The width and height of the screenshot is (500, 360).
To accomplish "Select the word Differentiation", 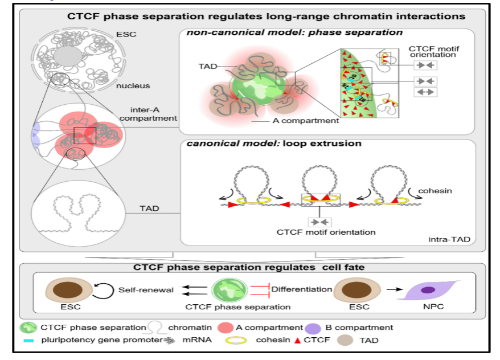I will [x=301, y=289].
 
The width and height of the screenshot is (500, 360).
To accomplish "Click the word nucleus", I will [x=133, y=86].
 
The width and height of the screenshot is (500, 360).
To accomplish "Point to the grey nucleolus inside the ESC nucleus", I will [x=68, y=58].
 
